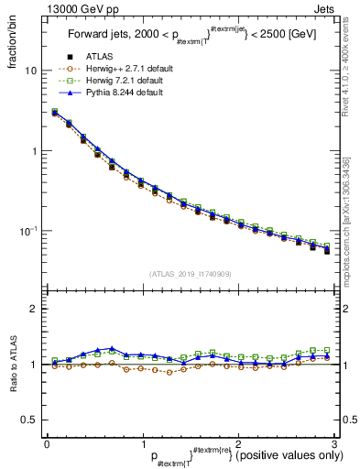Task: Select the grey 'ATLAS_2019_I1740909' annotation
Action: pyautogui.click(x=191, y=274)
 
